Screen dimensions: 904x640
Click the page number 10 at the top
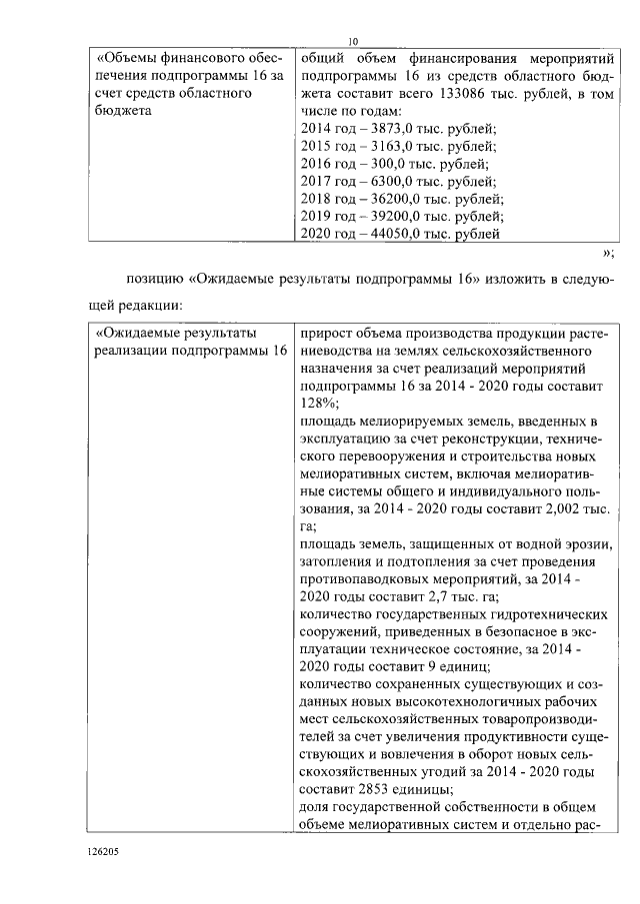pos(353,40)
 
